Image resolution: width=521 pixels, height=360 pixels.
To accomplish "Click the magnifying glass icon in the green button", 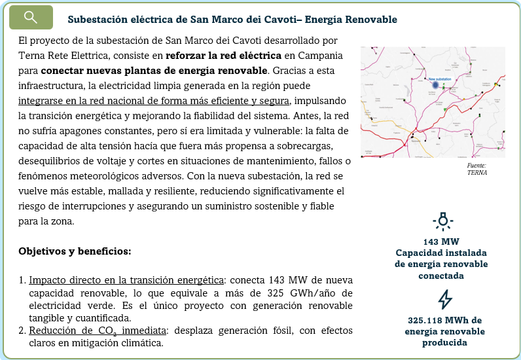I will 31,18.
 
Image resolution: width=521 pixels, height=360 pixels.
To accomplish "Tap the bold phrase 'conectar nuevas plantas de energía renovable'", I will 154,70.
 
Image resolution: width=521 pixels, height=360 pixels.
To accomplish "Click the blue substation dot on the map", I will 435,84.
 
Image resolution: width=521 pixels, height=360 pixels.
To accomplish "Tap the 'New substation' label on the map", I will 440,78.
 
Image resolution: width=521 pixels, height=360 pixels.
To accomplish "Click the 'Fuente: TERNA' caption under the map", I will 477,169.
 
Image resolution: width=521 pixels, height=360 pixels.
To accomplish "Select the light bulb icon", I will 443,221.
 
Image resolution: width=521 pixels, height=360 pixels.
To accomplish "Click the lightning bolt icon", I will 444,299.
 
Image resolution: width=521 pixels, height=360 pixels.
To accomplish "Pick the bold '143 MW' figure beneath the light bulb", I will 442,242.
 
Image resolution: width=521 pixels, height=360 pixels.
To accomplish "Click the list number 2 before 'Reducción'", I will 22,331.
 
